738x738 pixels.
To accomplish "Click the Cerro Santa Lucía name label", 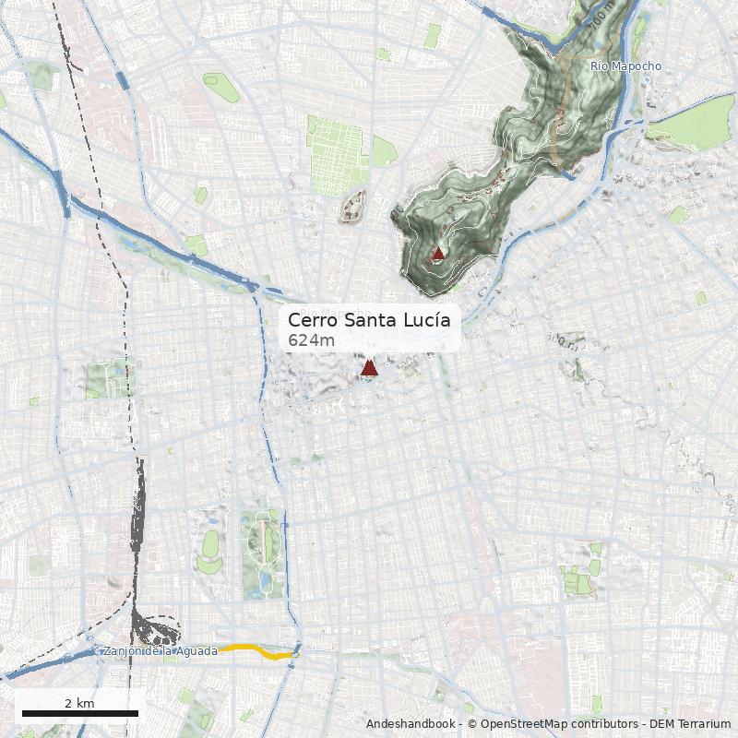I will [369, 320].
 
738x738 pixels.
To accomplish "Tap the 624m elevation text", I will [311, 340].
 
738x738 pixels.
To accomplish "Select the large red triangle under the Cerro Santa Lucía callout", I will [369, 368].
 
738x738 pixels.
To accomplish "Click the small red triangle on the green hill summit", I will [438, 253].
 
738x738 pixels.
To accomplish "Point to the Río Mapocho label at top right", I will [625, 65].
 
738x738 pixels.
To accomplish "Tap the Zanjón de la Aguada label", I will [161, 651].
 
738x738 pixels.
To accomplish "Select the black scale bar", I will [79, 713].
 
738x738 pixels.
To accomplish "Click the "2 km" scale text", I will [79, 703].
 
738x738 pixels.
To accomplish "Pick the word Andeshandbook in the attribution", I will [411, 724].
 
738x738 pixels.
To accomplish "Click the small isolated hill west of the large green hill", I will [354, 206].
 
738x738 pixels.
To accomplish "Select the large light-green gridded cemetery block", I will [336, 154].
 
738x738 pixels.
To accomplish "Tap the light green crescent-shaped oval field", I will [210, 543].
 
